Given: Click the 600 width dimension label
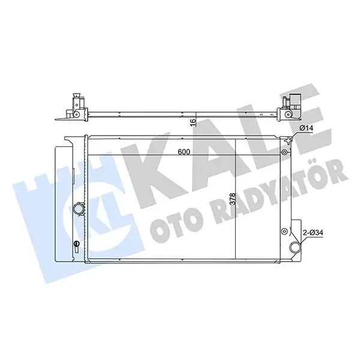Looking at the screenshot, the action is click(x=184, y=152).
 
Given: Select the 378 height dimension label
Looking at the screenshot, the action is click(x=232, y=199).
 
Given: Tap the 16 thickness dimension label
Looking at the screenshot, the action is click(x=194, y=122).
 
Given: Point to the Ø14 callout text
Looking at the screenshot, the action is click(x=307, y=128).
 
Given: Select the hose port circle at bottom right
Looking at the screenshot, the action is click(x=295, y=247).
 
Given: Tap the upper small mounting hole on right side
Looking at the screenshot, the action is click(x=284, y=152).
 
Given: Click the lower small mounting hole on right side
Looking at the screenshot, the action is click(x=284, y=231).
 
